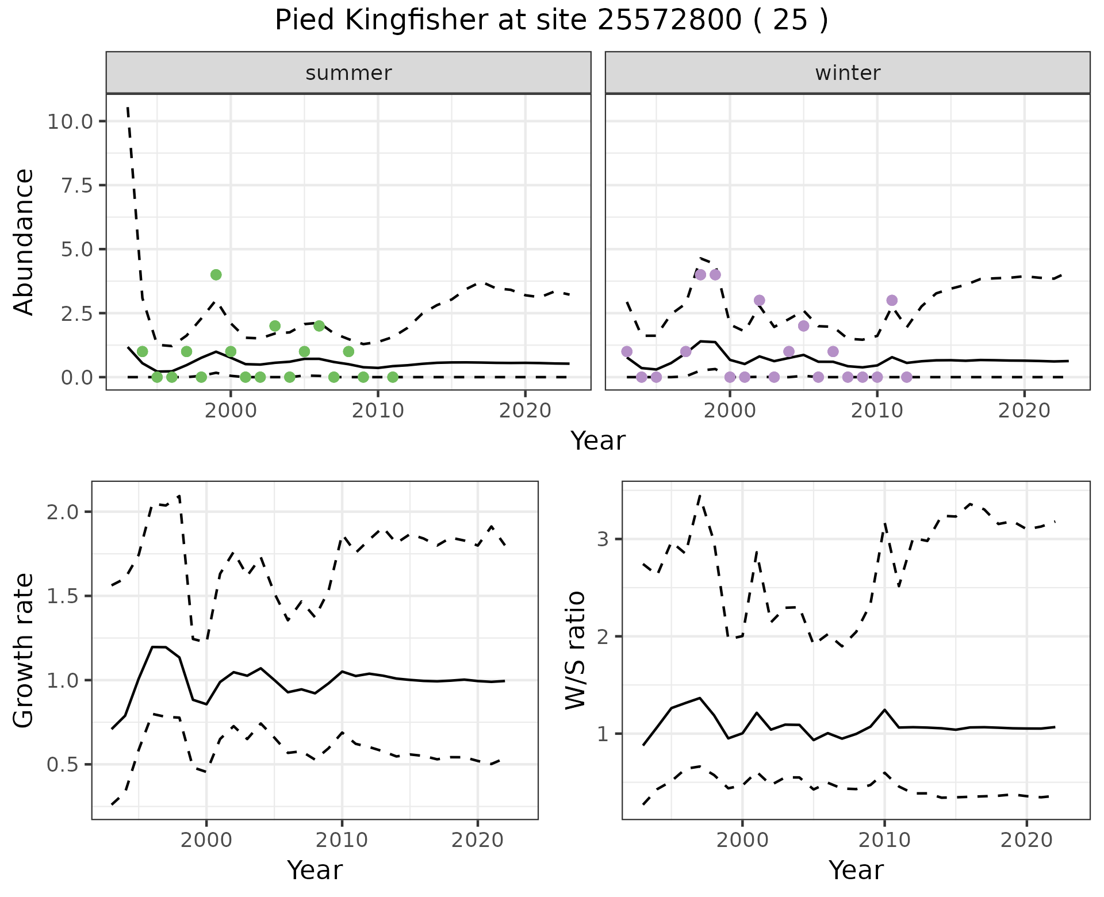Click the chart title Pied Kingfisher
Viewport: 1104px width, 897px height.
tap(551, 21)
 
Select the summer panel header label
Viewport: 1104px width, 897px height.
tap(348, 73)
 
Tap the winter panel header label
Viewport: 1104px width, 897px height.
tap(848, 73)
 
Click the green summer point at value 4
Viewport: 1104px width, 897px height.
tap(216, 275)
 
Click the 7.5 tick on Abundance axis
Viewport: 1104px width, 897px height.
tap(80, 185)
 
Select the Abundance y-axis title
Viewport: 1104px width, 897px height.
tap(24, 241)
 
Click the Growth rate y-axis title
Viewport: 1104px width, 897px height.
tap(24, 651)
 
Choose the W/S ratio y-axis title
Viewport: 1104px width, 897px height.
tap(576, 650)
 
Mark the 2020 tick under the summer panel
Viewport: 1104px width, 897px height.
tap(524, 411)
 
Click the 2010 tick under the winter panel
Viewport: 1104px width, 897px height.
tap(877, 411)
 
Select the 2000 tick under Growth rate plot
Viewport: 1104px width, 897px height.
tap(206, 840)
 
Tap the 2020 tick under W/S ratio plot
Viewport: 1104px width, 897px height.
tap(1026, 840)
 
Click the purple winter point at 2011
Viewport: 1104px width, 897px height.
tap(892, 300)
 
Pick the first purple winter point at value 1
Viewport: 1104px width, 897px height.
tap(627, 351)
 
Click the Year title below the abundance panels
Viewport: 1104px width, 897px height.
tap(598, 441)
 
